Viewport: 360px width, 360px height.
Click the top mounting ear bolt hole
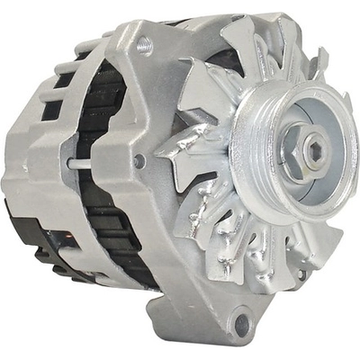coord(143,41)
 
